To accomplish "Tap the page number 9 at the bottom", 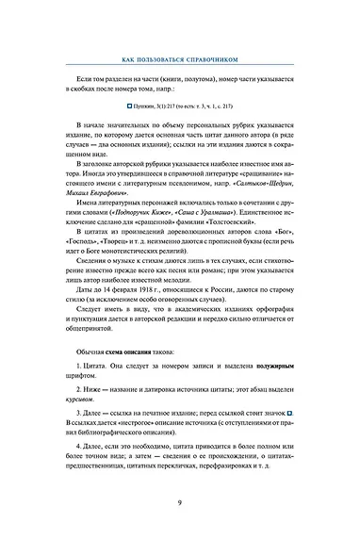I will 179,528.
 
